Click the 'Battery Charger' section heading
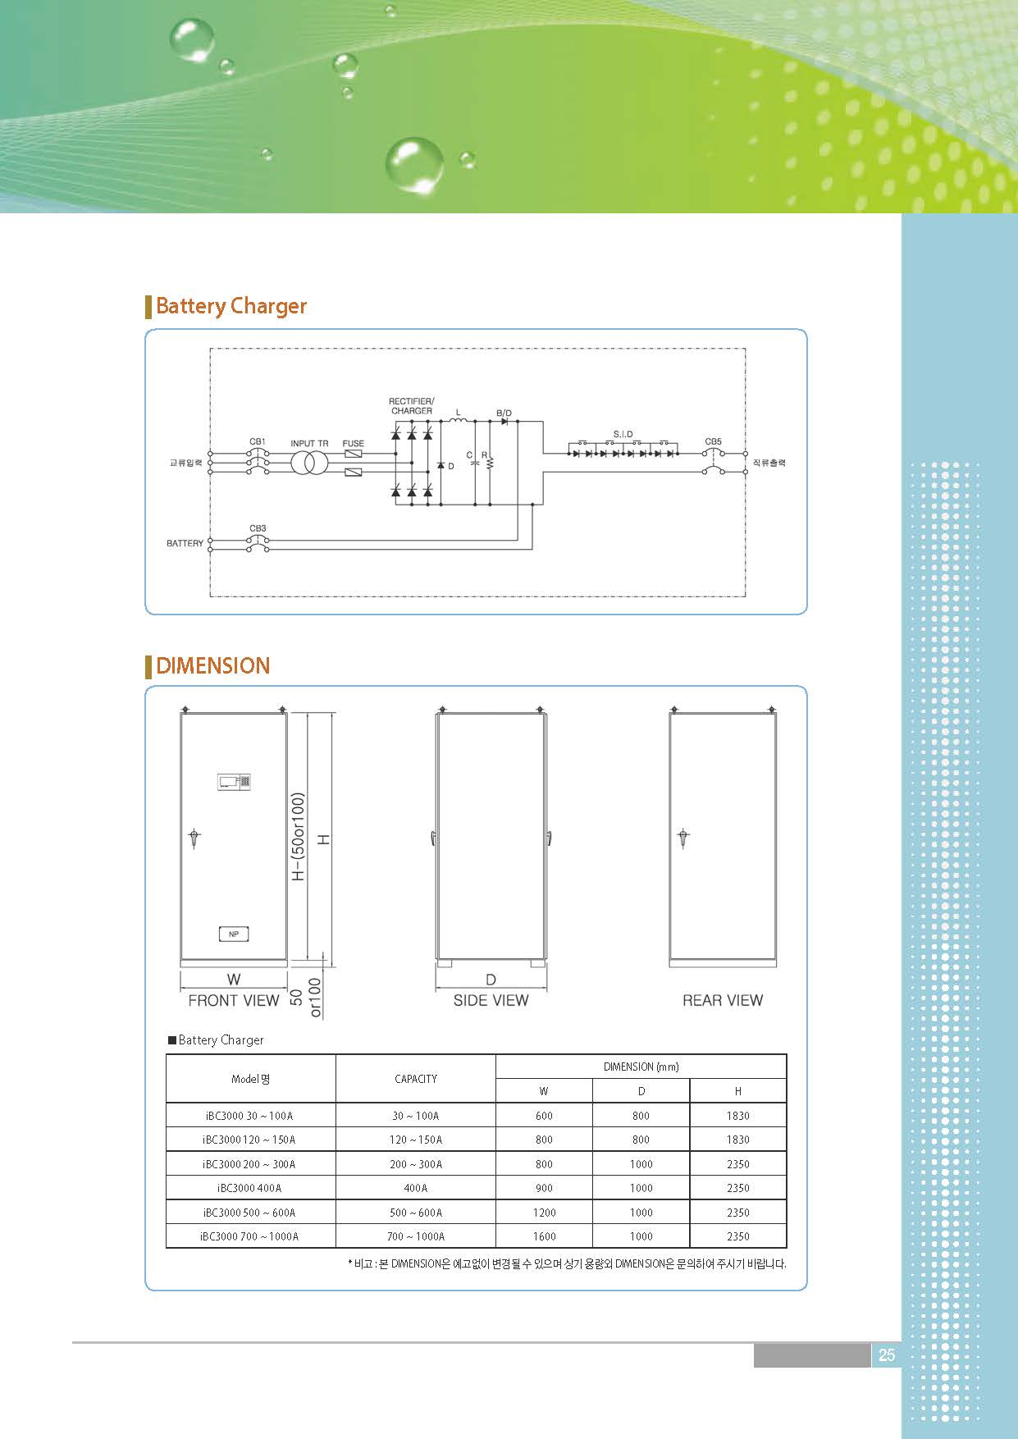coord(231,306)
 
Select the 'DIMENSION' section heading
coord(212,665)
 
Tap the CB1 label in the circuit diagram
coord(258,442)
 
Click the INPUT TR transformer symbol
coord(309,463)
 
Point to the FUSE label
coord(353,443)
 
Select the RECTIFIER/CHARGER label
coord(412,406)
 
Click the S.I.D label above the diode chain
coord(623,434)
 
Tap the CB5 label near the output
coord(713,441)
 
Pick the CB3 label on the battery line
coord(258,528)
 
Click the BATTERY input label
coord(185,543)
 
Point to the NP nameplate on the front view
coord(234,934)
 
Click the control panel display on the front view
coord(234,781)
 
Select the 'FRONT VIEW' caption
coord(234,1000)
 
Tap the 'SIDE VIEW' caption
coord(491,1000)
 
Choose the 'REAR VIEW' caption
coord(723,1000)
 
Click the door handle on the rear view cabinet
coord(682,838)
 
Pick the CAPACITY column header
coord(416,1079)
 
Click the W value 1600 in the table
coord(544,1236)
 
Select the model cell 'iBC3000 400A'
coord(249,1188)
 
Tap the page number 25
coord(887,1355)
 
